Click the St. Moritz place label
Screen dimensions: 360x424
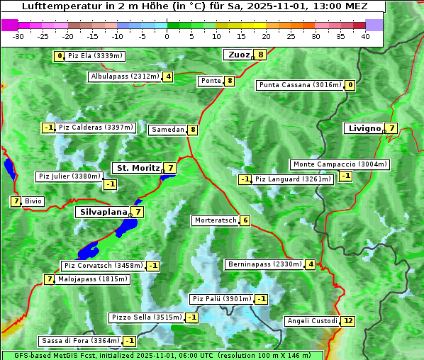tap(137, 168)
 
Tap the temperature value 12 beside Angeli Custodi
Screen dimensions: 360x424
tap(347, 321)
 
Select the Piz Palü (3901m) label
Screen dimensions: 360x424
tap(221, 299)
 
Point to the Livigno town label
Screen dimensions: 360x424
tap(364, 128)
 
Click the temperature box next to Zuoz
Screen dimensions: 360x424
tap(261, 55)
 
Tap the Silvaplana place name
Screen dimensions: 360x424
tap(103, 212)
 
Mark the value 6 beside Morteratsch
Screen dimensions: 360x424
tap(245, 220)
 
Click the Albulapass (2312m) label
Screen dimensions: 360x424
tap(124, 77)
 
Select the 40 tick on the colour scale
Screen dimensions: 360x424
tap(365, 36)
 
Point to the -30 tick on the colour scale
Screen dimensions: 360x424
tap(18, 36)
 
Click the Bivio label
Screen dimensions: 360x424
tap(33, 201)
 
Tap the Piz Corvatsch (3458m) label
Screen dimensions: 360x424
tap(103, 266)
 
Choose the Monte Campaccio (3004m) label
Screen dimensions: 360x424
tap(339, 164)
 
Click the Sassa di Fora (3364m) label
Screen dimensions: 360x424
tap(79, 341)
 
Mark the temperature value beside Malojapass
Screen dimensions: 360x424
tap(49, 279)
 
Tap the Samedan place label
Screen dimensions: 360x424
tap(167, 130)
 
